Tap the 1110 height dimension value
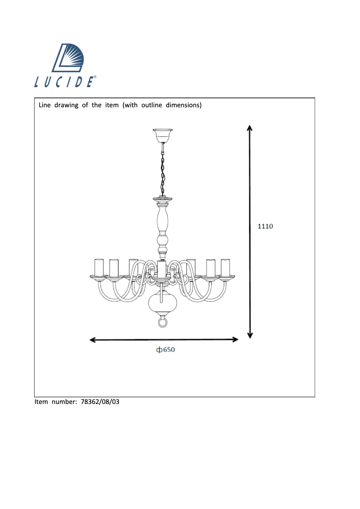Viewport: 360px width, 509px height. pyautogui.click(x=265, y=226)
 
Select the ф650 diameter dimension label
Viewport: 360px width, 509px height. pyautogui.click(x=165, y=350)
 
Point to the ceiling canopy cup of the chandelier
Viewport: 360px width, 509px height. pyautogui.click(x=162, y=133)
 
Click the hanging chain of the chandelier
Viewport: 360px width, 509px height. pyautogui.click(x=162, y=168)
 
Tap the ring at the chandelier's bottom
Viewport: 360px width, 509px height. pyautogui.click(x=162, y=322)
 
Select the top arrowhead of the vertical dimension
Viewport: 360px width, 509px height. pyautogui.click(x=250, y=128)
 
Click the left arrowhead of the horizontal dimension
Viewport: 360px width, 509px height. pyautogui.click(x=93, y=340)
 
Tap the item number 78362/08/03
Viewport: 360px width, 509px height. pyautogui.click(x=100, y=402)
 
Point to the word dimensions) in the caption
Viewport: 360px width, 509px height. pyautogui.click(x=184, y=105)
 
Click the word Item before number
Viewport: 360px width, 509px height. pyautogui.click(x=41, y=402)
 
